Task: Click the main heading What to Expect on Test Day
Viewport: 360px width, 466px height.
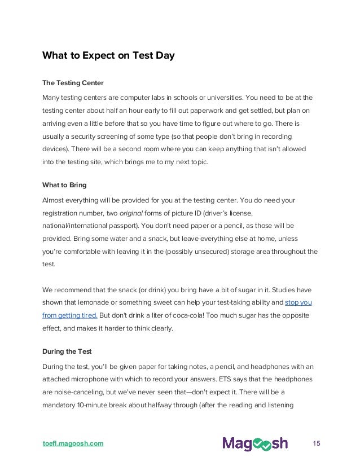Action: coord(109,56)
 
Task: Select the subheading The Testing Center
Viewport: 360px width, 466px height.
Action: coord(73,83)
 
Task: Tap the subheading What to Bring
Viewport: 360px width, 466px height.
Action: coord(64,185)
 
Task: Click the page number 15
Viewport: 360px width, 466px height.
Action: coord(316,443)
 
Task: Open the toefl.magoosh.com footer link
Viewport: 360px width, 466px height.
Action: coord(73,443)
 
